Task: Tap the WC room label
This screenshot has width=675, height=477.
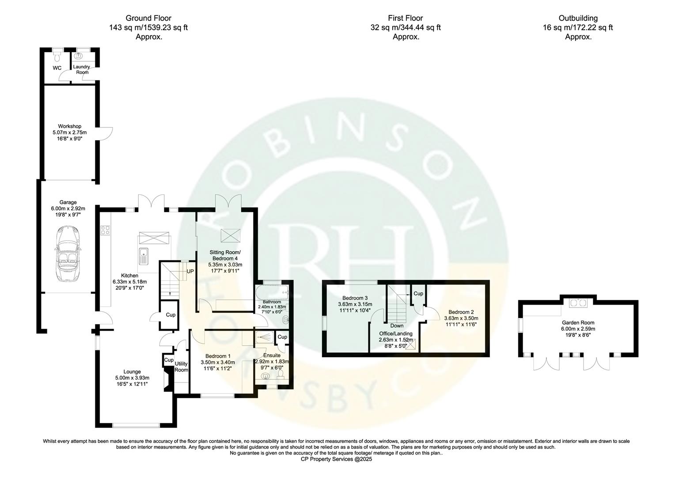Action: tap(57, 68)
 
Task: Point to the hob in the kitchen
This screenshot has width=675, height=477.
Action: tap(106, 230)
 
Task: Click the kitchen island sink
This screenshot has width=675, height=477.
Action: tap(143, 254)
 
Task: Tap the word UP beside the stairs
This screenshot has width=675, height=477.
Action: tap(190, 271)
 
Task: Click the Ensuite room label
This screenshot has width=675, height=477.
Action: tap(272, 355)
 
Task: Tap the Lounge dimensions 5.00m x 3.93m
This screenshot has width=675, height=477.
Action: tap(132, 378)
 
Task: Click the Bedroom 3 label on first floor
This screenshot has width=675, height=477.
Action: tap(355, 298)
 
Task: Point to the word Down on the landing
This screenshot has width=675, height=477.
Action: tap(396, 326)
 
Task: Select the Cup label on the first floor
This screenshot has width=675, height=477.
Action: tap(418, 294)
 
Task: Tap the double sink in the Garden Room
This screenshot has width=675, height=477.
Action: tap(577, 303)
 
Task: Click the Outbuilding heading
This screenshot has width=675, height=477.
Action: tap(578, 18)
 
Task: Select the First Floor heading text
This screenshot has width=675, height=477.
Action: tap(405, 18)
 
